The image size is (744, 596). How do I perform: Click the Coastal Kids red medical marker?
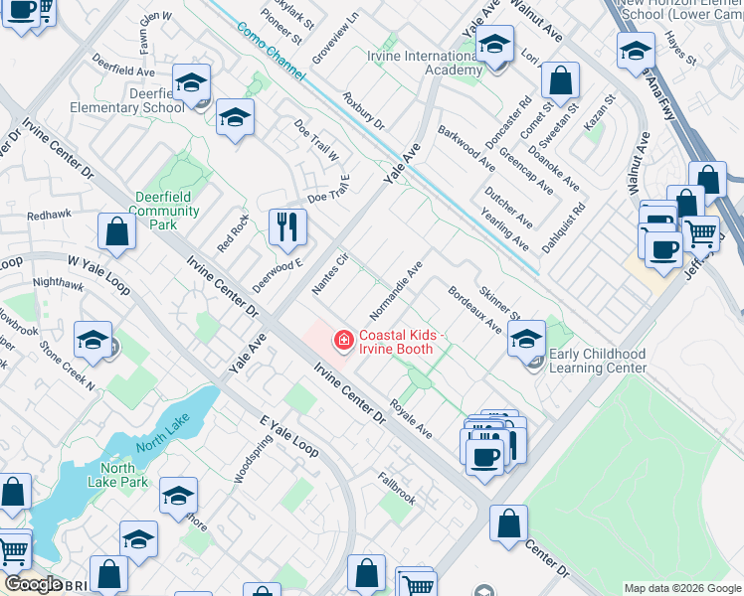(344, 342)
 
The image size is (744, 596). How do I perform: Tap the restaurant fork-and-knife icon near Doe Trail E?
(287, 226)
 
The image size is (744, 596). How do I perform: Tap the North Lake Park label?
(124, 475)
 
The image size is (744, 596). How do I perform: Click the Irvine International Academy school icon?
(494, 46)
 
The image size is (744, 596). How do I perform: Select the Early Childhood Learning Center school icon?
(526, 339)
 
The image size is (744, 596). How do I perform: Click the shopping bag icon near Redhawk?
(117, 232)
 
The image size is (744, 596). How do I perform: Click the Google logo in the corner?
(33, 584)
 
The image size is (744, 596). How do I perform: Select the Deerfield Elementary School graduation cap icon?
(192, 82)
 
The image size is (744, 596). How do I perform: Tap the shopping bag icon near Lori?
(561, 81)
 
